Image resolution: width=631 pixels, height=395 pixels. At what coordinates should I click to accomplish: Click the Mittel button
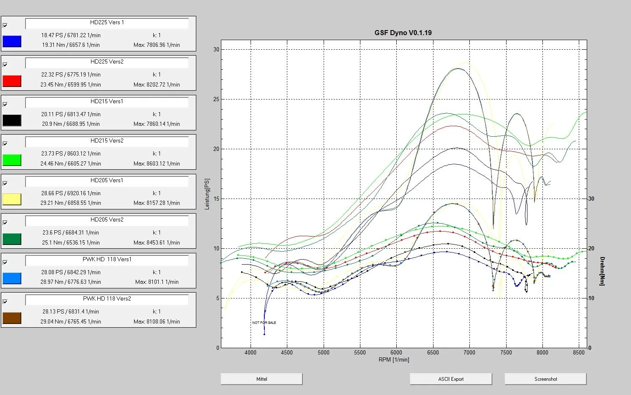261,379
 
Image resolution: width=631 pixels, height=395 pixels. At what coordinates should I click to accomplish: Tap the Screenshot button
545,379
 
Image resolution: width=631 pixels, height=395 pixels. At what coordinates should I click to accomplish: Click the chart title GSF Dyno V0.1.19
403,33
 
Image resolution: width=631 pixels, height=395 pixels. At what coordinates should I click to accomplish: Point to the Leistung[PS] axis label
208,194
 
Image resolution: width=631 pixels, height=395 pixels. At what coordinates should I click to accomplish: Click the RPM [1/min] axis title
394,359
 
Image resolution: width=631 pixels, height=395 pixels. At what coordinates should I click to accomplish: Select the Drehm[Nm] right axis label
602,271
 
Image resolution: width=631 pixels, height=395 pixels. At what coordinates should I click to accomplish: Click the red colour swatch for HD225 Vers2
12,81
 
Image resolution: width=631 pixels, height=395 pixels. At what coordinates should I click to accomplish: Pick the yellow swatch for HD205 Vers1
12,199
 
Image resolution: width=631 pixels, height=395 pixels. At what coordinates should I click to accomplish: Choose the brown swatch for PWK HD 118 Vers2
12,318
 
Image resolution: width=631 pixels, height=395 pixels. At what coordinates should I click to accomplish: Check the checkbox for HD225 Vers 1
5,25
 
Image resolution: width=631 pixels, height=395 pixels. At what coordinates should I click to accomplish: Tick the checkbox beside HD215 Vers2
5,144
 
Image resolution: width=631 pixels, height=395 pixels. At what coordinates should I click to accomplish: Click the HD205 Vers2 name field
107,220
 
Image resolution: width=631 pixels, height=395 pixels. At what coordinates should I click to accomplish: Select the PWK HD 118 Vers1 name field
107,260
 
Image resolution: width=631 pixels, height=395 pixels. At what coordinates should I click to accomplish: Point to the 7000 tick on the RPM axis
469,352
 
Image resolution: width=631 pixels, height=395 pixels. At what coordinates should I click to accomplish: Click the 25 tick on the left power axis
216,99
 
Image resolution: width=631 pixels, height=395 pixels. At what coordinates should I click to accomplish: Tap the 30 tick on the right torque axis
591,199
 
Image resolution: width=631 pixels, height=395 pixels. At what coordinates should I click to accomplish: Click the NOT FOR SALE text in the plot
264,323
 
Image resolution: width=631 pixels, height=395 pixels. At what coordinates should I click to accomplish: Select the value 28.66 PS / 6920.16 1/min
71,193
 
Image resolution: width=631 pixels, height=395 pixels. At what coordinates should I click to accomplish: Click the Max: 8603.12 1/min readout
157,163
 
